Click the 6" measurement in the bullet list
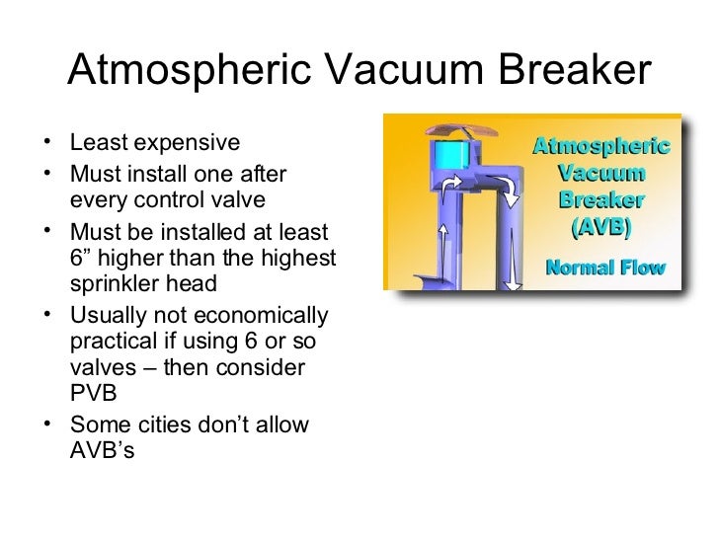click(x=82, y=260)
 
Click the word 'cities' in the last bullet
click(x=159, y=425)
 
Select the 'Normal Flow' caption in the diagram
click(x=605, y=268)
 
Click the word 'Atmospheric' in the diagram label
click(x=601, y=148)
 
